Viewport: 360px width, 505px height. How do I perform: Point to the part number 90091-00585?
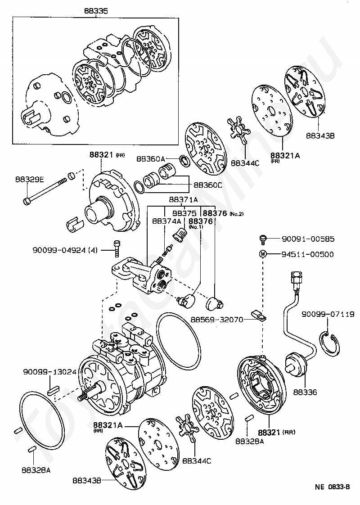[309, 239]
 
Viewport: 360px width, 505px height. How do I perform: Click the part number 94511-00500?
[308, 254]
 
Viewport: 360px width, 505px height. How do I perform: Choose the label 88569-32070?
[216, 320]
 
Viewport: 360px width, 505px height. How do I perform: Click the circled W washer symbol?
[263, 254]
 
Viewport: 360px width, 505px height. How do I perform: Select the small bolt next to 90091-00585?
[263, 239]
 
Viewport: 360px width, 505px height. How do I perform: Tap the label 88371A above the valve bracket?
[183, 199]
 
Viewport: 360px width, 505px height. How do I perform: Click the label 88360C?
[208, 184]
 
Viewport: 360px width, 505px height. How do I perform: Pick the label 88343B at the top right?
[320, 135]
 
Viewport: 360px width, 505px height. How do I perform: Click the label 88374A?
[166, 221]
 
